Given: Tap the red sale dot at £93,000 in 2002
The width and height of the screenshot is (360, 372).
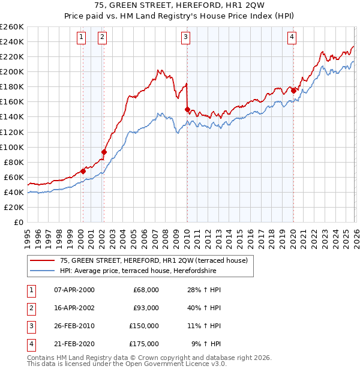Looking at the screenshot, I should click(104, 152).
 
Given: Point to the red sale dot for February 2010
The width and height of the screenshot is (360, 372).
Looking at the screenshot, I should click(187, 109).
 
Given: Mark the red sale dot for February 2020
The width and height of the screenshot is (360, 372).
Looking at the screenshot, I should click(293, 91).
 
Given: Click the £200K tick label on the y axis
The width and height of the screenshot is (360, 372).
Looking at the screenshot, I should click(12, 71).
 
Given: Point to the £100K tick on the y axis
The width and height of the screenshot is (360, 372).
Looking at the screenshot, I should click(12, 147).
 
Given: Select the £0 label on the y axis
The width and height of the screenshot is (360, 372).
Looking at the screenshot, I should click(18, 222).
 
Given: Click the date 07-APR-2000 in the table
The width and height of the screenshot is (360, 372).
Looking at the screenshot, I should click(74, 290).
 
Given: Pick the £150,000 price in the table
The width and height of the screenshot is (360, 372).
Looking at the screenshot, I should click(144, 326).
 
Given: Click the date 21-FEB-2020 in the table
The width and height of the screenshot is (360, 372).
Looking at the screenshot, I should click(74, 344).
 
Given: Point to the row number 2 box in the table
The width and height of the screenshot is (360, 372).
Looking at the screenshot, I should click(30, 308).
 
